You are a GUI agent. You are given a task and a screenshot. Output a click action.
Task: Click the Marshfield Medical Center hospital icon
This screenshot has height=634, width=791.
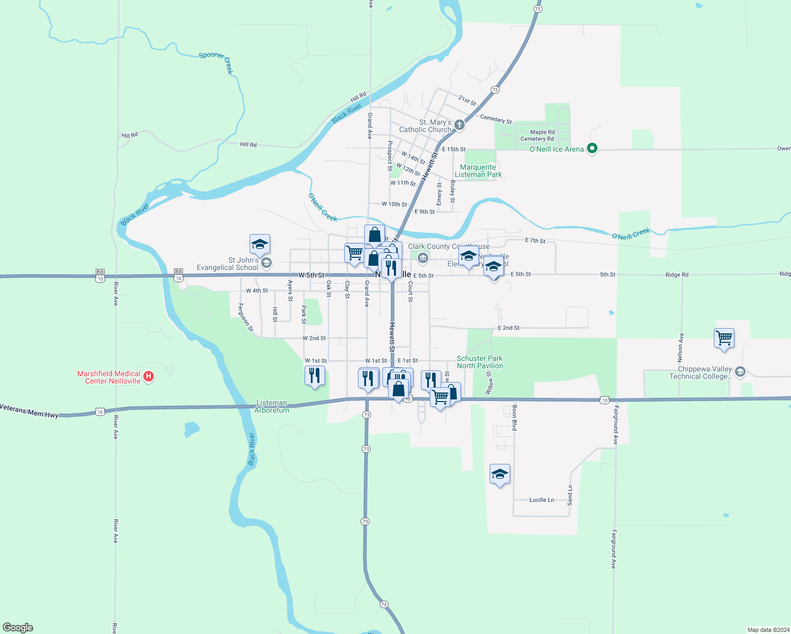[149, 377]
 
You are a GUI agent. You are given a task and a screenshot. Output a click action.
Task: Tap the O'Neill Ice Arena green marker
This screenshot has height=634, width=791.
[592, 148]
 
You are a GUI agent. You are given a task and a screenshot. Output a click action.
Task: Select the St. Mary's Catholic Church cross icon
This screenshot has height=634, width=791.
[459, 125]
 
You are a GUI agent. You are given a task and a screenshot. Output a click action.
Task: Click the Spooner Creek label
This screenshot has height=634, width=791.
[216, 61]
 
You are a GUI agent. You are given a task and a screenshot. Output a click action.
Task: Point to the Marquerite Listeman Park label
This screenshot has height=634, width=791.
[478, 171]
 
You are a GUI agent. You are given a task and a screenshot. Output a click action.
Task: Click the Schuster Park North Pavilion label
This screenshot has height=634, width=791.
[480, 362]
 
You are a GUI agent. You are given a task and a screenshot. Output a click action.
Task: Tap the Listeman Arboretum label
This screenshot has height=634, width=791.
[272, 406]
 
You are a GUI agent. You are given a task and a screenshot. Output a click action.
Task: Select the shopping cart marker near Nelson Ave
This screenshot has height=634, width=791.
[724, 338]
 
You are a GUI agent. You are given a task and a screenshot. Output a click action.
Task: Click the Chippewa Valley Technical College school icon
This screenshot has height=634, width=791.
[740, 371]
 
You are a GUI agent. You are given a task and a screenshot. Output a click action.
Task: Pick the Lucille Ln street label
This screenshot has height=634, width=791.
[541, 500]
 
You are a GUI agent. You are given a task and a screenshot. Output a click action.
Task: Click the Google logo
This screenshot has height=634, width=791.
[18, 628]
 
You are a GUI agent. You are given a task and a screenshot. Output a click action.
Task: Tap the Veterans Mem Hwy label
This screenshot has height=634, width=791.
[29, 411]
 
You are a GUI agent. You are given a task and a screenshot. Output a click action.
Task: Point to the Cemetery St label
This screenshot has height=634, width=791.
[495, 119]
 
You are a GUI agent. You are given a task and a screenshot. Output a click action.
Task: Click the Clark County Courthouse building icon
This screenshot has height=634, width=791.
[422, 258]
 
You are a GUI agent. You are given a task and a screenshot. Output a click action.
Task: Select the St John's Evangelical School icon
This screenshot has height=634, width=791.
[266, 263]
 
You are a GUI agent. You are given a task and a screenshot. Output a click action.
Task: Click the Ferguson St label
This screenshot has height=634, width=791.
[245, 318]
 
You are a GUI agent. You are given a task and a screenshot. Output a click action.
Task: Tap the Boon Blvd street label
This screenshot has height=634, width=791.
[514, 418]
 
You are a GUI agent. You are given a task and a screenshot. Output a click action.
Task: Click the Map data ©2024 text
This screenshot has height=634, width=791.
[768, 630]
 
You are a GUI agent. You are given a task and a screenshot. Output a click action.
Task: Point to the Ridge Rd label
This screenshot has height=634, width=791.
[677, 275]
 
